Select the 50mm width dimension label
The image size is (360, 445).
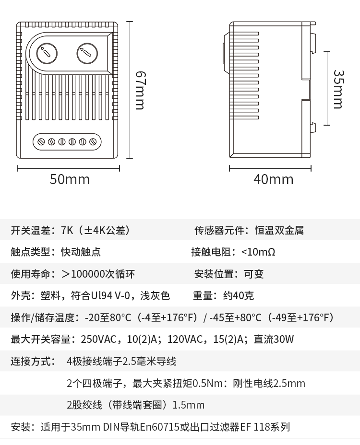(70, 180)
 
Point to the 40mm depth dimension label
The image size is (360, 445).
(273, 180)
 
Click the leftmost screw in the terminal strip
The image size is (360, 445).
(41, 141)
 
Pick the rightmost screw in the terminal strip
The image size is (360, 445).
(93, 141)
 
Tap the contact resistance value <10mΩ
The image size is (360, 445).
(258, 252)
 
